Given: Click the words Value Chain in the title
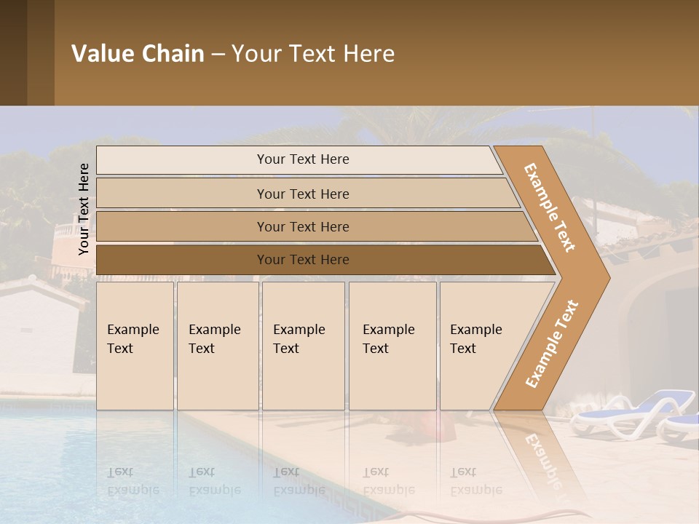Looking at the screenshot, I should [138, 53].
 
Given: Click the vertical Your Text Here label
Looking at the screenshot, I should [84, 209].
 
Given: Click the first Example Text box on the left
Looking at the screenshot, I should [135, 346].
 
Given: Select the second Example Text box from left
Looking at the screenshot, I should [217, 346].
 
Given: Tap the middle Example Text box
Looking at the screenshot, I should [303, 346].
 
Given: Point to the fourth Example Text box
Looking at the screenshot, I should [392, 346].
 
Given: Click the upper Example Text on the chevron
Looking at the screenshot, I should [550, 207].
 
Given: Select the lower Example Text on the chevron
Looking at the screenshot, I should [551, 344].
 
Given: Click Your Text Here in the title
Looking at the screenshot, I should [313, 53].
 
